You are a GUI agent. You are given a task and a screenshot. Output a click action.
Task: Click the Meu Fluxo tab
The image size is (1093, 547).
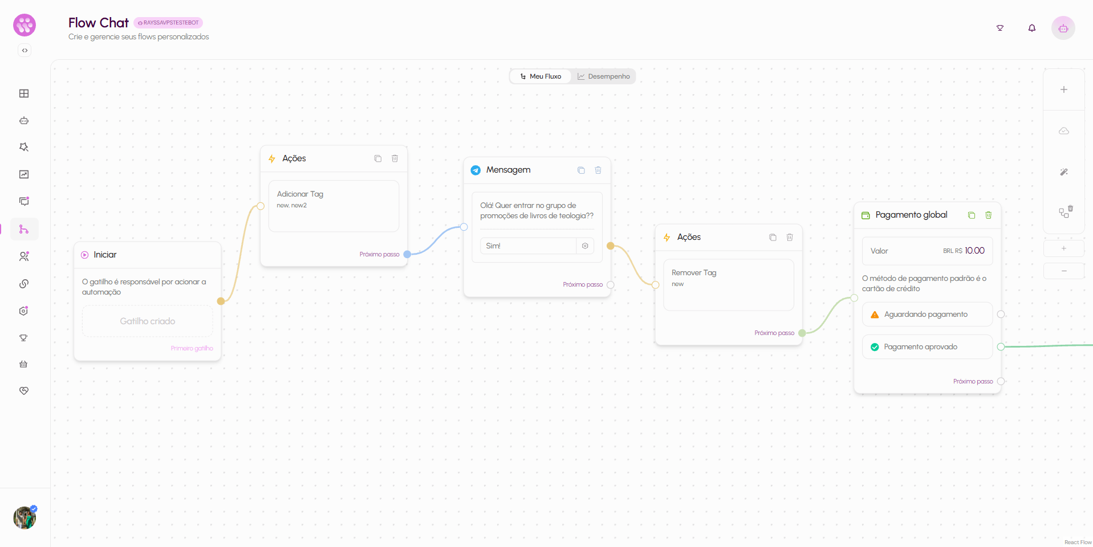[541, 76]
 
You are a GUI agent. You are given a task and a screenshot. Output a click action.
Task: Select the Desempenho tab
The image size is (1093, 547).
[603, 76]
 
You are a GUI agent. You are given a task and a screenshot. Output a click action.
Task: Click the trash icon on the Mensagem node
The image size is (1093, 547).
[598, 170]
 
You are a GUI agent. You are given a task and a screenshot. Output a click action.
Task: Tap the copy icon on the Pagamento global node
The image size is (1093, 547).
[972, 215]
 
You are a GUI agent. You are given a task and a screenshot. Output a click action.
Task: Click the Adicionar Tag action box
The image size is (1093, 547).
[334, 206]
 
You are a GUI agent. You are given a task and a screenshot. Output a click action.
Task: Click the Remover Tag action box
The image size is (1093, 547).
[729, 285]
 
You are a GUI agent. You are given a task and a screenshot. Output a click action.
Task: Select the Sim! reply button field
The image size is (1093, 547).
[528, 246]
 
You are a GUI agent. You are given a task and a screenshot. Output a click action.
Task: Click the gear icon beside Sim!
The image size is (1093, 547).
[585, 246]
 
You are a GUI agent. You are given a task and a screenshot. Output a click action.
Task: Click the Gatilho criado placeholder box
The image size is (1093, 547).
[148, 321]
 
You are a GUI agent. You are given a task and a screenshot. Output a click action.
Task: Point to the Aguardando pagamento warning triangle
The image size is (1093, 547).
[875, 315]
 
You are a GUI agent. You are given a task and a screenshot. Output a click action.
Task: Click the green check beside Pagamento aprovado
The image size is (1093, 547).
[875, 347]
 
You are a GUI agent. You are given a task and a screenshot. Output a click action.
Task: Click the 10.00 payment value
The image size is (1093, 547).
[974, 251]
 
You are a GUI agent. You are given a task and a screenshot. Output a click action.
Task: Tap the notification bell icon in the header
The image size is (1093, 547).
[1032, 28]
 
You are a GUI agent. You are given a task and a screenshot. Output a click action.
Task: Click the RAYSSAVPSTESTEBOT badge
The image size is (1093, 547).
[168, 23]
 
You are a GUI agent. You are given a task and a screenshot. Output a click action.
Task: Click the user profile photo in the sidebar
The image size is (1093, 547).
[25, 518]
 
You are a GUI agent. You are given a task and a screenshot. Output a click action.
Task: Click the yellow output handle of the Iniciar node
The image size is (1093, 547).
[221, 301]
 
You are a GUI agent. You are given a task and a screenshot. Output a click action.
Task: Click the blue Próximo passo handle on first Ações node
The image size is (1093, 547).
[407, 255]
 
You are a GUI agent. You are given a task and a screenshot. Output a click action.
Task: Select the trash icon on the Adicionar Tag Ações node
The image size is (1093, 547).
[395, 158]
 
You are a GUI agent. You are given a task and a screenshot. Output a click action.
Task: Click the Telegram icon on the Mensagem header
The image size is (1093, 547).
[476, 170]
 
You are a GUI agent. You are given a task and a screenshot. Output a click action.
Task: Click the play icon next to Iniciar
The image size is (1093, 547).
[85, 255]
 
